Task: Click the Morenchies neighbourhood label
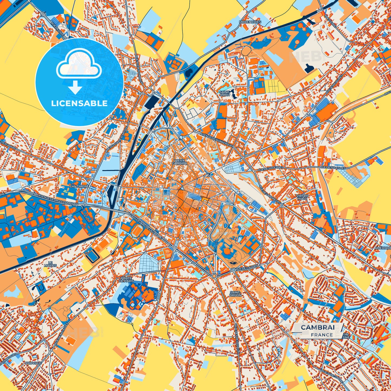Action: pos(250,22)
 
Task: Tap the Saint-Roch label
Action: pos(225,93)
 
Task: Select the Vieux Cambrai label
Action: pos(179,162)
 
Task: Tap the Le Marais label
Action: pos(50,264)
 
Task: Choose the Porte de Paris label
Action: pos(127,280)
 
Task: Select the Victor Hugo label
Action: pos(302,197)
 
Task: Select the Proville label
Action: pos(33,363)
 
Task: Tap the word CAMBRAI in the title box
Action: pos(317,327)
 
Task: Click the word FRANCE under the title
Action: pos(322,335)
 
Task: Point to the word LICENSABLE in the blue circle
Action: pos(80,103)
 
